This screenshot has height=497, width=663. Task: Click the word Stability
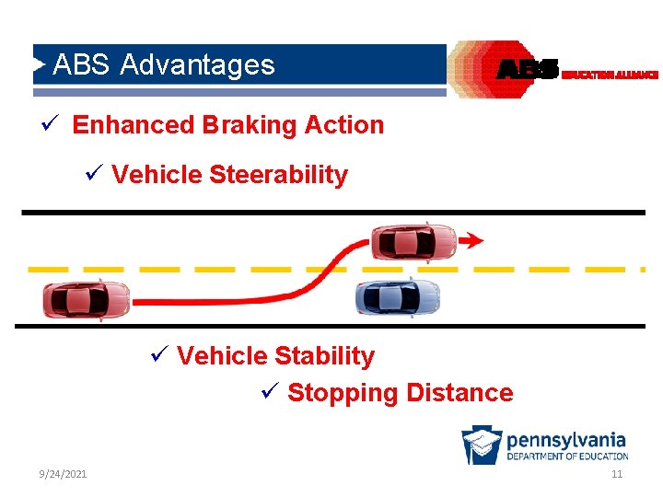click(325, 356)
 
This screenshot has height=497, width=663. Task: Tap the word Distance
click(459, 393)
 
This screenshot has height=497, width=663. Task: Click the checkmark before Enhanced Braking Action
click(58, 124)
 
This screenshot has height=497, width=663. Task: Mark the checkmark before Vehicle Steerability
click(97, 174)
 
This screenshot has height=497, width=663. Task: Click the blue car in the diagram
click(398, 296)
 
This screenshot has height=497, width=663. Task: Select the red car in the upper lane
click(413, 241)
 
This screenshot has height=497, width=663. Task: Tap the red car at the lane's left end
click(87, 300)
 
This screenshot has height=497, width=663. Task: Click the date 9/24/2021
click(64, 474)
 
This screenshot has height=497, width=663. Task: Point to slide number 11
click(617, 474)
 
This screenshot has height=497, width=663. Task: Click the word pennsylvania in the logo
click(566, 440)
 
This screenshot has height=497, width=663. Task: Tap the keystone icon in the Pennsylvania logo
click(482, 445)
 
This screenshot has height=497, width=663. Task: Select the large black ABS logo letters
click(528, 70)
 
